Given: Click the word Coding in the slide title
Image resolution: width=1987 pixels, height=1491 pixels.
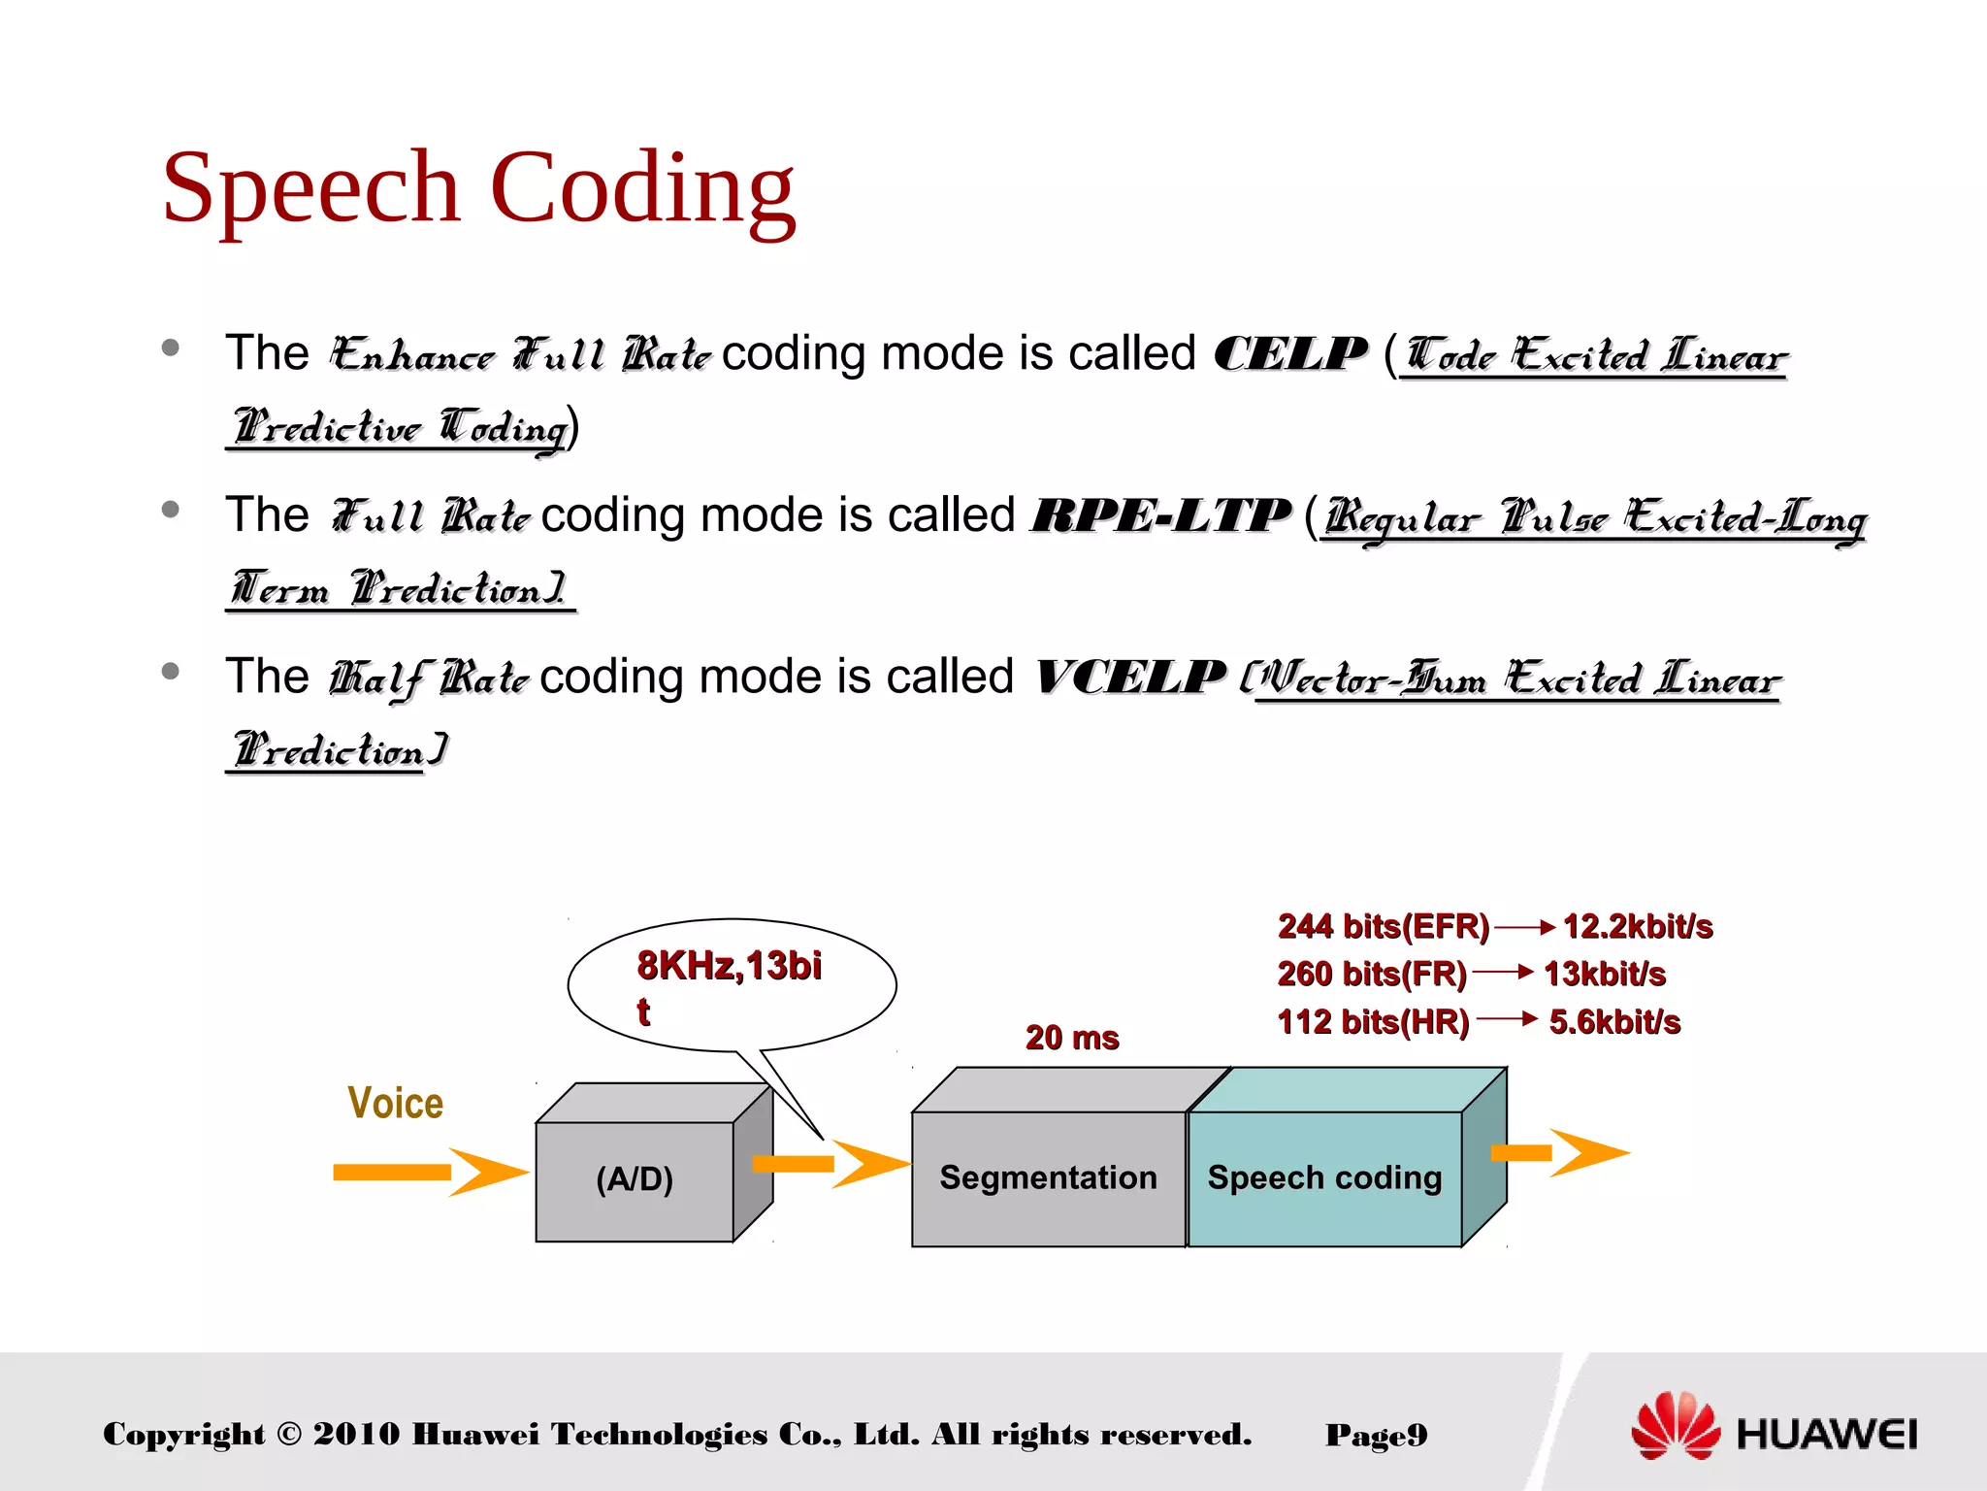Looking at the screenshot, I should (x=642, y=189).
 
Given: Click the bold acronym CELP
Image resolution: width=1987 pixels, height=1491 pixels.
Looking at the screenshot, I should (x=1290, y=354).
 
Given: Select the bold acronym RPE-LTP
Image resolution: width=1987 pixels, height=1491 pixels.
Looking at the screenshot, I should (x=1160, y=515).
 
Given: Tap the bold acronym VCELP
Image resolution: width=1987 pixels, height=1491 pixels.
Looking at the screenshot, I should (x=1130, y=678).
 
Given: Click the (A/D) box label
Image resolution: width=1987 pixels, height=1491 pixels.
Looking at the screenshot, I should (x=635, y=1179).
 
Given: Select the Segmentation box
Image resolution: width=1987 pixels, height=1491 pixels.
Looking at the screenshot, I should (x=1048, y=1177).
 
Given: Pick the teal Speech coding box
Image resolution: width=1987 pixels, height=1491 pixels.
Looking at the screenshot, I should (x=1324, y=1177).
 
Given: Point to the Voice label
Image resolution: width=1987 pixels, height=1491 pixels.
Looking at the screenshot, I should (x=396, y=1104).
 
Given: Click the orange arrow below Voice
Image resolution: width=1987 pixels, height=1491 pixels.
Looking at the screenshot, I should (x=427, y=1173).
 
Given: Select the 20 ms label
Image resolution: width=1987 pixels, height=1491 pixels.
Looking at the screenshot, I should (x=1072, y=1038).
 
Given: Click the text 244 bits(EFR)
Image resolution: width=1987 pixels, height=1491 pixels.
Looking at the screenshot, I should (x=1383, y=927).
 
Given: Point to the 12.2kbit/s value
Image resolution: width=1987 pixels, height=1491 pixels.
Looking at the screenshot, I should (x=1638, y=927).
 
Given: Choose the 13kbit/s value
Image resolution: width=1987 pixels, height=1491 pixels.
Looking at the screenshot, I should (x=1605, y=974).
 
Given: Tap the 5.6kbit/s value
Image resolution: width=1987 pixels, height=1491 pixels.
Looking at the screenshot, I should (x=1614, y=1022).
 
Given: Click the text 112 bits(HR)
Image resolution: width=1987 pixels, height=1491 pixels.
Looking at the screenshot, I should (x=1373, y=1022).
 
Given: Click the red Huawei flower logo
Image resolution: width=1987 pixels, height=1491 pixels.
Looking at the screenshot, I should (x=1676, y=1426).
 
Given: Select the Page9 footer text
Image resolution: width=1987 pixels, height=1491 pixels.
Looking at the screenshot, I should (x=1376, y=1435).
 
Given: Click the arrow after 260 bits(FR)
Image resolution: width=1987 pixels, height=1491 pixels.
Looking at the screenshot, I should (x=1503, y=972).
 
